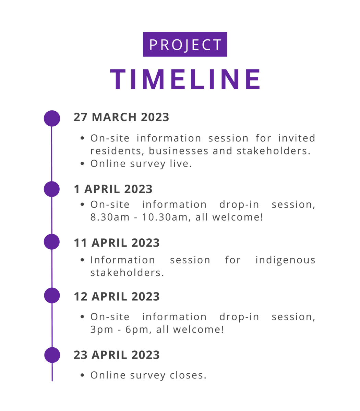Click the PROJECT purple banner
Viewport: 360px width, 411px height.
[x=185, y=44]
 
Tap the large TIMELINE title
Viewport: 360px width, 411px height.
[x=185, y=79]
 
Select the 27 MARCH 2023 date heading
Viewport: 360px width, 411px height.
[x=121, y=117]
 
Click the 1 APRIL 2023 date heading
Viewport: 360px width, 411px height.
[x=113, y=189]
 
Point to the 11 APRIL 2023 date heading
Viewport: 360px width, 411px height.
[x=117, y=243]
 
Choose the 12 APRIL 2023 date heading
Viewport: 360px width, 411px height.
[x=117, y=296]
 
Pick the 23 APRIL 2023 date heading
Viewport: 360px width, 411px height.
[x=117, y=355]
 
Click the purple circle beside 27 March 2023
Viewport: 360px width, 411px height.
[x=52, y=118]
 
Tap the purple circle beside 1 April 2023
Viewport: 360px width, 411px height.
[x=52, y=189]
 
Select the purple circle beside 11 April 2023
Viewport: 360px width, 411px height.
[x=52, y=242]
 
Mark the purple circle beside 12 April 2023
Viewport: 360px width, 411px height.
[x=52, y=295]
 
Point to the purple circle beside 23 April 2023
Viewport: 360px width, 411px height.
[x=52, y=355]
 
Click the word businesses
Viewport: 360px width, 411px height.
[x=178, y=151]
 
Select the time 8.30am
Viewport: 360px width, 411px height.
[x=110, y=217]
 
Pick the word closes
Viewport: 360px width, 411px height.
[x=188, y=375]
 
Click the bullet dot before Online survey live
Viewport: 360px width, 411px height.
[x=82, y=163]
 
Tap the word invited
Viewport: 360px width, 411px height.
[x=297, y=138]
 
